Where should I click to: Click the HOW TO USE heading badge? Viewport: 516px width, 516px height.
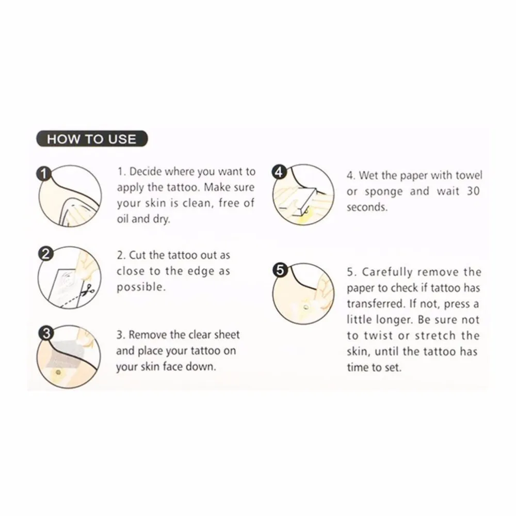(92, 139)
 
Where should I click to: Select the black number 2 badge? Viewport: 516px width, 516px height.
(46, 254)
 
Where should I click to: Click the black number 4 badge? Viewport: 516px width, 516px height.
(279, 172)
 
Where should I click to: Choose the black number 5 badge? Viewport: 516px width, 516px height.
(279, 270)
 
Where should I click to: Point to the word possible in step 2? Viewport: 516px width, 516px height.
(141, 287)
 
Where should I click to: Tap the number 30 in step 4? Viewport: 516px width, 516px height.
(473, 191)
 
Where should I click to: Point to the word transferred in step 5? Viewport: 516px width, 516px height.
(375, 303)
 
